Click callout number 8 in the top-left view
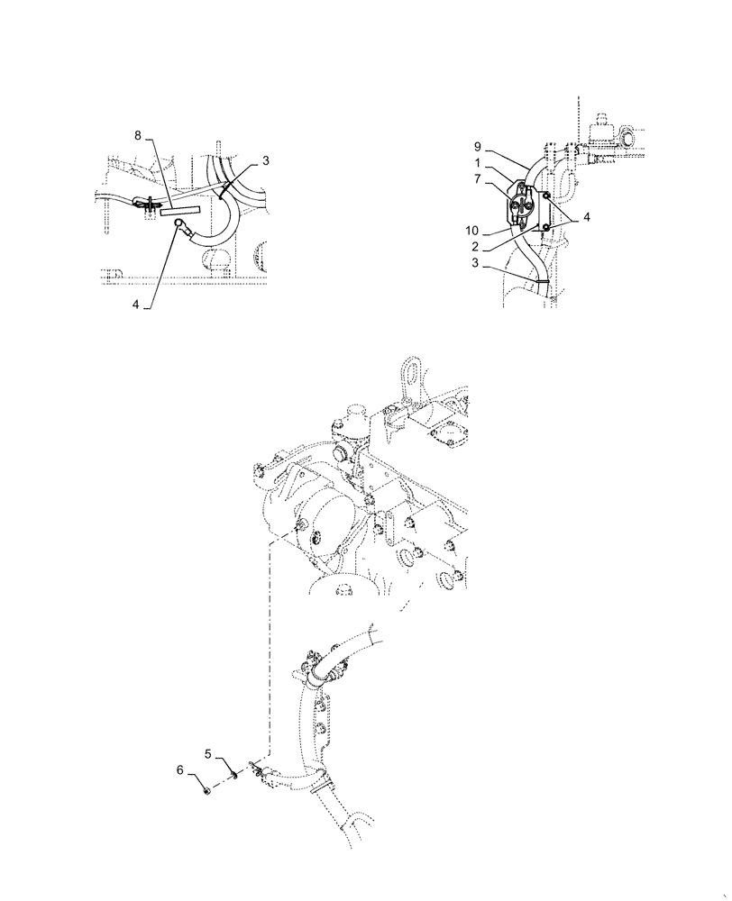[137, 135]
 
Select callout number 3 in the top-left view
[267, 160]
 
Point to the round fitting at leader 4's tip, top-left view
[180, 225]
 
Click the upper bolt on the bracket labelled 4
[546, 196]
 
